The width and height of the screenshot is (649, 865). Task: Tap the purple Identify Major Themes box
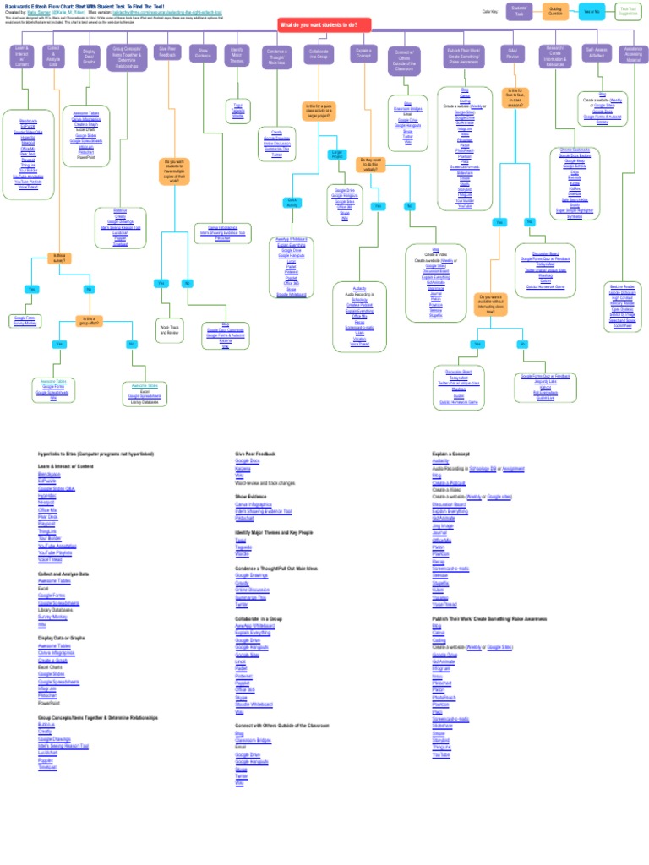coord(237,55)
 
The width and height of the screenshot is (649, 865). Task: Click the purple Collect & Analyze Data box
coord(53,57)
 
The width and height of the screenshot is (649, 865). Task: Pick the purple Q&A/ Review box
coord(512,53)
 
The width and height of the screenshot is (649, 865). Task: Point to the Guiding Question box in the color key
coord(555,11)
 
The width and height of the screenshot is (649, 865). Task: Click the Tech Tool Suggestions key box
coord(628,11)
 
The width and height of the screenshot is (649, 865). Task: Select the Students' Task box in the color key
coord(519,11)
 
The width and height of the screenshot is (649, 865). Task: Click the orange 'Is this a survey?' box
coord(59,258)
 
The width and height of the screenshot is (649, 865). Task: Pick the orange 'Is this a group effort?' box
coord(89,320)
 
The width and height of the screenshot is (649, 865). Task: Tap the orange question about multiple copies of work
coord(173,171)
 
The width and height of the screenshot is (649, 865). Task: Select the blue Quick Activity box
coord(292,203)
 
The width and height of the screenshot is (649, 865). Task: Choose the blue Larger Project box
coord(338,154)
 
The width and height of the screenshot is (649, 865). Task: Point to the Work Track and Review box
coord(168,329)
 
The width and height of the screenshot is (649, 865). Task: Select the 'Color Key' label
coord(489,11)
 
